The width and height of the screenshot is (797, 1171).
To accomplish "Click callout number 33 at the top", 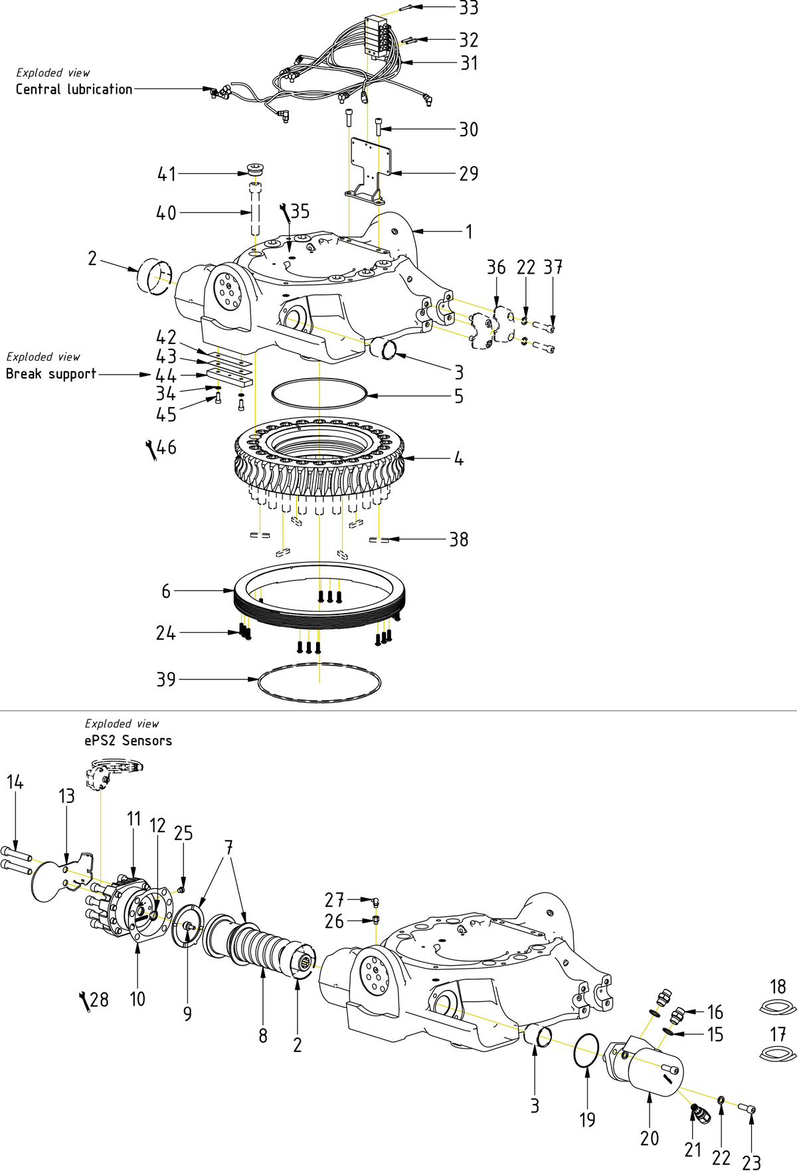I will (x=469, y=8).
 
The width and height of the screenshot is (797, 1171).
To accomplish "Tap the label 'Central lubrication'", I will (x=74, y=89).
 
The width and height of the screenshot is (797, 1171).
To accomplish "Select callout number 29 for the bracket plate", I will (x=469, y=173).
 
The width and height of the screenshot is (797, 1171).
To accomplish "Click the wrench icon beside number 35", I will (x=285, y=213).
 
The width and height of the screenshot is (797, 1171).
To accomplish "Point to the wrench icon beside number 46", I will (x=151, y=449).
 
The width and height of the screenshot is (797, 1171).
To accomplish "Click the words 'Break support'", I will (x=51, y=374).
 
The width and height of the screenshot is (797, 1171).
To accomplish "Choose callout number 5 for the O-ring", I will (x=459, y=397).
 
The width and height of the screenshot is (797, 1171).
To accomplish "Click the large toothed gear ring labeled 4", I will (x=319, y=458).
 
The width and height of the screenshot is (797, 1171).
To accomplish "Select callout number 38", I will (x=459, y=539).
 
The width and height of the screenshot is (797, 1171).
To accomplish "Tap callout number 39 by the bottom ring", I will (x=166, y=679).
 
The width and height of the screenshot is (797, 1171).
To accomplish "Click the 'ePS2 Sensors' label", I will (x=128, y=741).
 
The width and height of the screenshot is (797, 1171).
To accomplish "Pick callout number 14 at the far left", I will (x=15, y=782).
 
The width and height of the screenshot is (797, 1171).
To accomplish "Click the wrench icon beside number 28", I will (x=84, y=1001).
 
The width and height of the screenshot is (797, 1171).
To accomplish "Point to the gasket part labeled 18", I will (x=777, y=1008).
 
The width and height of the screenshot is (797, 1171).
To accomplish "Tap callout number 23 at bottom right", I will (x=751, y=1162).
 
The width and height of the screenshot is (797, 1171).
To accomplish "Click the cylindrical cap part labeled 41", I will (x=255, y=169).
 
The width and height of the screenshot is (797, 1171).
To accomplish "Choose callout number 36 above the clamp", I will (x=496, y=268).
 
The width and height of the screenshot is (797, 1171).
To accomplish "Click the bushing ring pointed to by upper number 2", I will (x=154, y=278).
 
